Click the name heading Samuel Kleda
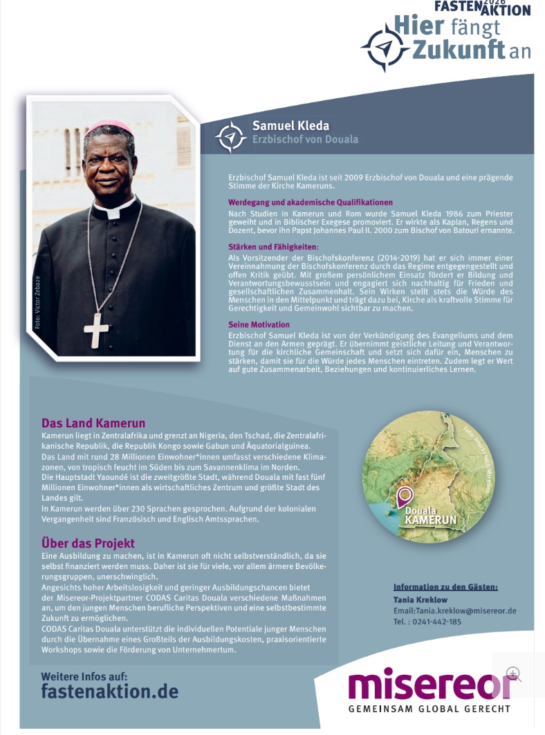point(290,126)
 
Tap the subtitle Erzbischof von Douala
point(305,140)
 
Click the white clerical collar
point(111,208)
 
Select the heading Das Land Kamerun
point(93,423)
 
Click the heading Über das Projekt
point(88,543)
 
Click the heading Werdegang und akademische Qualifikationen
point(311,203)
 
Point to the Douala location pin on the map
point(405,496)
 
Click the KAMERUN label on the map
point(431,519)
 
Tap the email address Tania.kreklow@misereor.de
point(455,611)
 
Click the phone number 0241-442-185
point(437,622)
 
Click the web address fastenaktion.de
point(109,691)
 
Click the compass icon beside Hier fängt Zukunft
point(385,48)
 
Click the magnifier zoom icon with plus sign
point(513,673)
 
